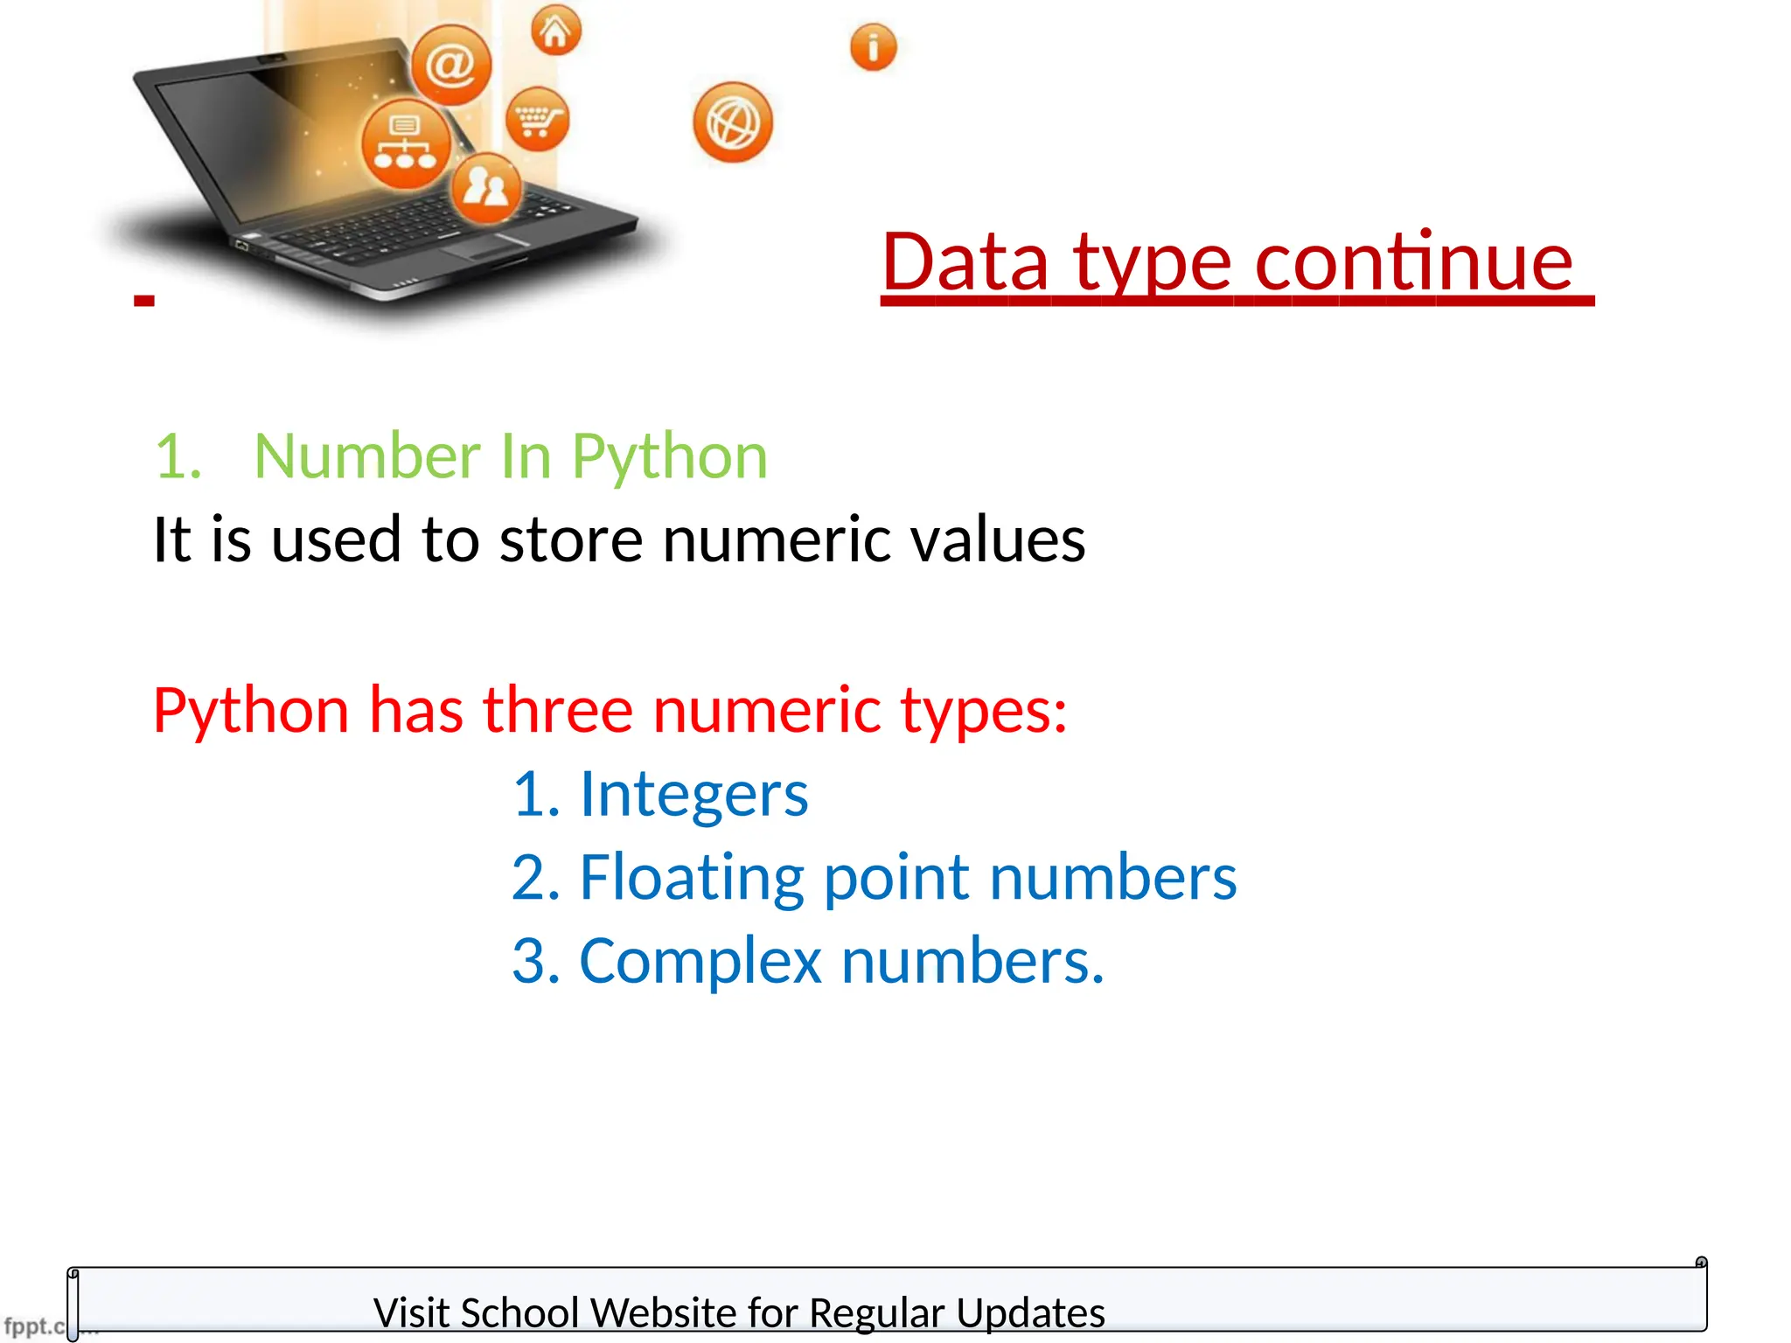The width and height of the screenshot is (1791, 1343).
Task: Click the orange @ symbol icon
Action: pyautogui.click(x=451, y=65)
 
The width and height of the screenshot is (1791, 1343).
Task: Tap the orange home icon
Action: pyautogui.click(x=555, y=31)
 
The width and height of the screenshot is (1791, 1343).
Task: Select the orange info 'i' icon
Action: pyautogui.click(x=873, y=46)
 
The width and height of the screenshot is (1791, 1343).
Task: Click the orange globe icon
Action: pyautogui.click(x=733, y=122)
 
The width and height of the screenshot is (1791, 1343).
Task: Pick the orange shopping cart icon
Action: pyautogui.click(x=537, y=119)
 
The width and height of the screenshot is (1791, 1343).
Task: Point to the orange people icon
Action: pyautogui.click(x=486, y=187)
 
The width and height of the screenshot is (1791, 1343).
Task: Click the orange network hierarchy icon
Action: pyautogui.click(x=405, y=144)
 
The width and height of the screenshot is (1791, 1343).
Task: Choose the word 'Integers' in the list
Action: pyautogui.click(x=693, y=794)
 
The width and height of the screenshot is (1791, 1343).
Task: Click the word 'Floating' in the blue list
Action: pyautogui.click(x=691, y=878)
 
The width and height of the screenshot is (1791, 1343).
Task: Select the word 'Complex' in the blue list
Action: pyautogui.click(x=700, y=961)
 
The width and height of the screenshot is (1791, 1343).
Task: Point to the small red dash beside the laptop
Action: pyautogui.click(x=144, y=301)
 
